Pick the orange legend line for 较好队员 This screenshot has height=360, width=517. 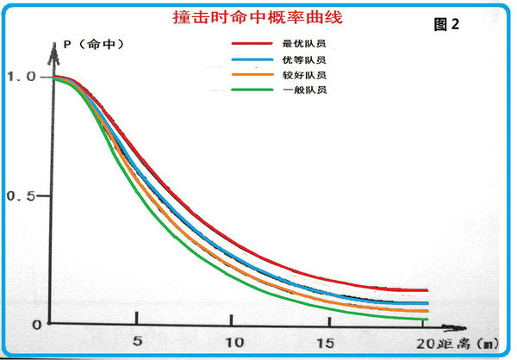tap(250, 74)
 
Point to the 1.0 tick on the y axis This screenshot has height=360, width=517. tap(22, 76)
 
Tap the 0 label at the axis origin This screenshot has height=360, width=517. tap(37, 325)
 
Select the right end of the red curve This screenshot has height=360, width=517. tap(427, 290)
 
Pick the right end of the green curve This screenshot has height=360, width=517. tap(427, 320)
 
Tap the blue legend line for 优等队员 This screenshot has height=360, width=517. tap(250, 59)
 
